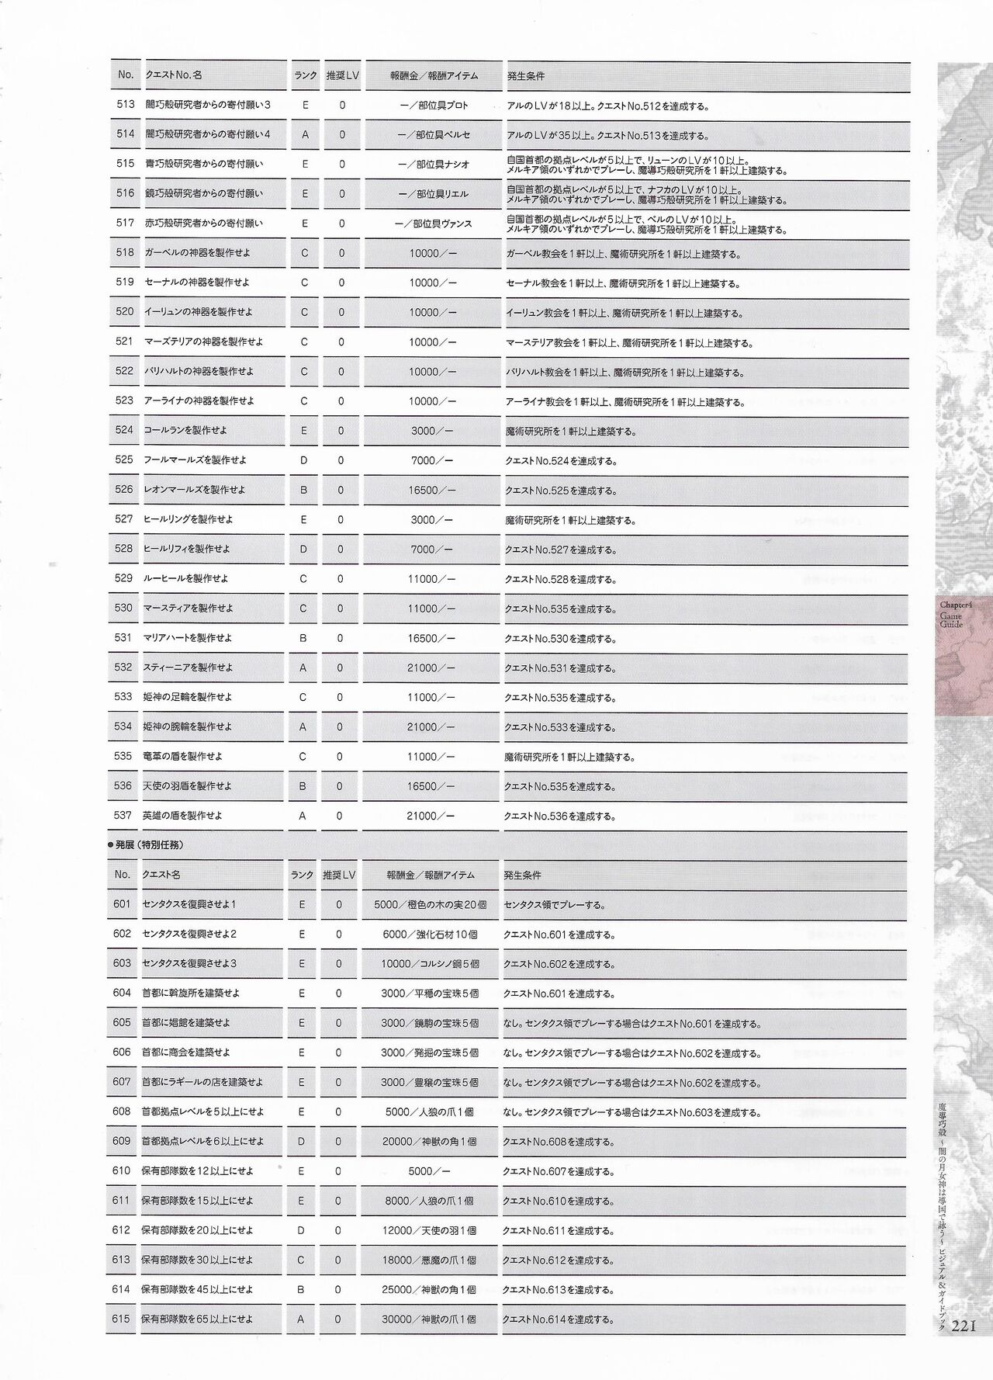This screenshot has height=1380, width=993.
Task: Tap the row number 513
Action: click(125, 105)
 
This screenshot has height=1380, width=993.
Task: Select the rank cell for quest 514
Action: click(305, 134)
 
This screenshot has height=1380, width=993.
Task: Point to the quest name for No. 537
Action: click(183, 816)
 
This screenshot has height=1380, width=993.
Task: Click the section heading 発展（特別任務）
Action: click(148, 845)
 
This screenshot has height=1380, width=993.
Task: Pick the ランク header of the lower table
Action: click(302, 875)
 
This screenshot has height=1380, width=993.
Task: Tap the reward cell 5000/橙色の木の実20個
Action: click(430, 905)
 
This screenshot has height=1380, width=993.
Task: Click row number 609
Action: click(122, 1142)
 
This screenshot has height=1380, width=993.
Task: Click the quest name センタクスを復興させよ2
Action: click(189, 934)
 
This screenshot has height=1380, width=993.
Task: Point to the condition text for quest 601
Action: click(554, 905)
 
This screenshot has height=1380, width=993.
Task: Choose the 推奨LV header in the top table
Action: click(341, 75)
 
